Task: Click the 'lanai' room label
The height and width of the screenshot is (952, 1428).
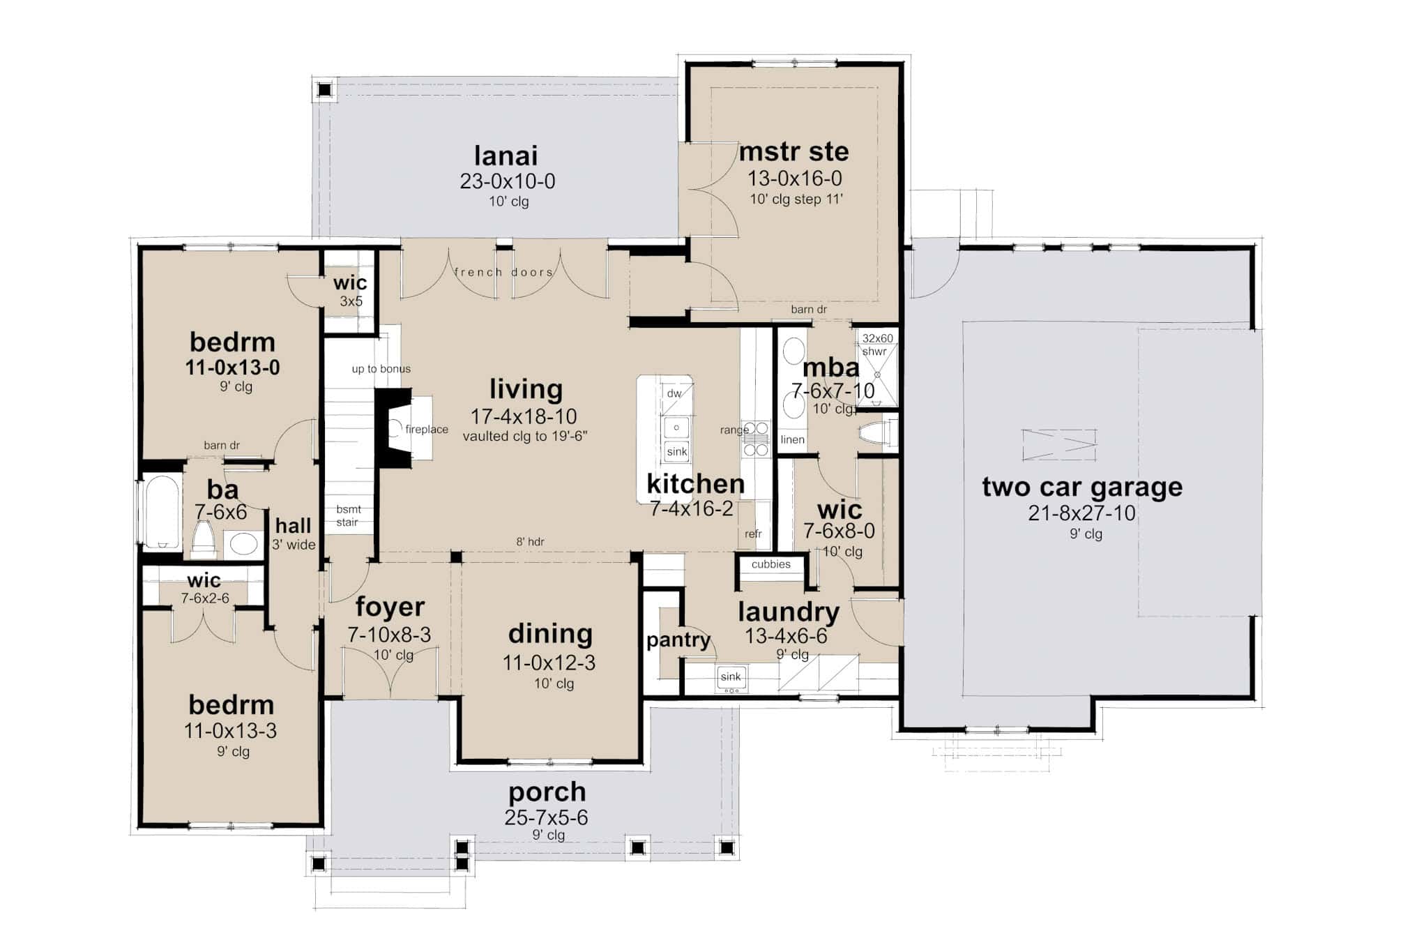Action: pyautogui.click(x=506, y=156)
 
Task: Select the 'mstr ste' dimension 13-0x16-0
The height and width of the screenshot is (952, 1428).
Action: pyautogui.click(x=795, y=179)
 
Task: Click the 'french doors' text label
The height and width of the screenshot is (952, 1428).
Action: pyautogui.click(x=503, y=272)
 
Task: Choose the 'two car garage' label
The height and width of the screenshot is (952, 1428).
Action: pyautogui.click(x=1082, y=487)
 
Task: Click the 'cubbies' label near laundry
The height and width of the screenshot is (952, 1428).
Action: pyautogui.click(x=771, y=564)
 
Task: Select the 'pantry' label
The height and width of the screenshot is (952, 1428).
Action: pyautogui.click(x=678, y=640)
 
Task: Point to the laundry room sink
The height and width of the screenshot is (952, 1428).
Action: pyautogui.click(x=731, y=678)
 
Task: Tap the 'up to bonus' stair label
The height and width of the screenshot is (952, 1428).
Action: pyautogui.click(x=381, y=369)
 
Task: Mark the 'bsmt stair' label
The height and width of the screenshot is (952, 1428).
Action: pyautogui.click(x=347, y=516)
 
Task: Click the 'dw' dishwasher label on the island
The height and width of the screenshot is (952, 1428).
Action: pyautogui.click(x=674, y=393)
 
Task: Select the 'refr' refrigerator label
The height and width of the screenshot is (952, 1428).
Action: pyautogui.click(x=753, y=534)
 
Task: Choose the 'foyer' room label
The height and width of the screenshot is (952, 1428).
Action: pyautogui.click(x=390, y=607)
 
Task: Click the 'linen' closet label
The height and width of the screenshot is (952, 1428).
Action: pyautogui.click(x=793, y=439)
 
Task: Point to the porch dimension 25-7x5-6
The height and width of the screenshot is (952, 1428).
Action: pyautogui.click(x=546, y=817)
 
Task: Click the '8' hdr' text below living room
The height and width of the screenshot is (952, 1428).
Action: pyautogui.click(x=530, y=542)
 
